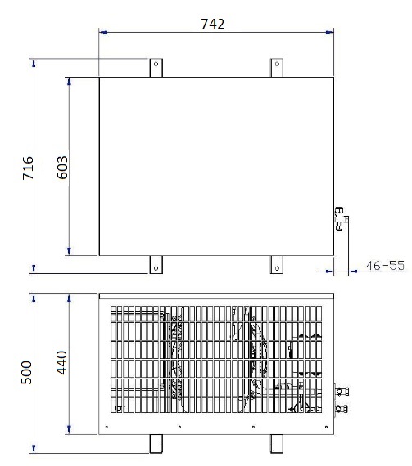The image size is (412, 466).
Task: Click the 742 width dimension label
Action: tap(213, 24)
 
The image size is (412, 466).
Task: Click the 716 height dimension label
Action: tap(28, 168)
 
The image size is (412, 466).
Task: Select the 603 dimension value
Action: tap(62, 168)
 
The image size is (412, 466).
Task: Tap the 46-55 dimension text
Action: tap(386, 266)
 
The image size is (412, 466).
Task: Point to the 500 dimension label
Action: tap(26, 373)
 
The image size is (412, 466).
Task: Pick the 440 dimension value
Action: tap(61, 363)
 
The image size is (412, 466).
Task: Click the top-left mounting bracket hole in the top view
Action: tap(156, 64)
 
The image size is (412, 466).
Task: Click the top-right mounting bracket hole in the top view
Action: tap(277, 64)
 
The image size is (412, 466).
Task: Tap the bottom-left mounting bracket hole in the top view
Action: tap(156, 268)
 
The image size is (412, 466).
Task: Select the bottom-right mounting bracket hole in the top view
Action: tap(277, 268)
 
